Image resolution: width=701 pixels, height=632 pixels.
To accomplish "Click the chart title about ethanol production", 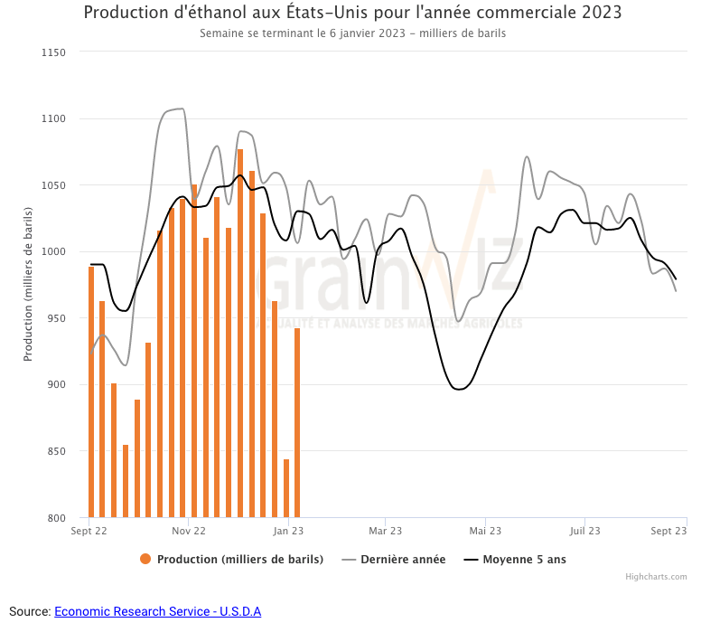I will [x=352, y=13].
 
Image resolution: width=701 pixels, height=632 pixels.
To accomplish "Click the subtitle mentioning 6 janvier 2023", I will [x=352, y=33].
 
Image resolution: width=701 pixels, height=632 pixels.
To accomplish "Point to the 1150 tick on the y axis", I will [x=54, y=52].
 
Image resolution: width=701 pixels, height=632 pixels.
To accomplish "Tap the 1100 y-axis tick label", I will [x=54, y=118].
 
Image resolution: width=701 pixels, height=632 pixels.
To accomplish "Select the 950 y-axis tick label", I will [x=57, y=318].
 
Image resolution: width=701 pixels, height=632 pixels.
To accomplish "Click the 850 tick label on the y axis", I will [x=57, y=451].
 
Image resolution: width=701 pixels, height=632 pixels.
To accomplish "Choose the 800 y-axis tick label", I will [x=57, y=518].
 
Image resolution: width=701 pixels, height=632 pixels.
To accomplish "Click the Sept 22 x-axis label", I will [x=89, y=531].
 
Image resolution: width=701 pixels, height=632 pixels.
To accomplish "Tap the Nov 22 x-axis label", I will [x=189, y=531].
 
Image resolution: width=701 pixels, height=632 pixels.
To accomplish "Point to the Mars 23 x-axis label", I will [x=386, y=531].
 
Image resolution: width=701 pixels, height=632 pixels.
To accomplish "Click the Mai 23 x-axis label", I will [x=485, y=531].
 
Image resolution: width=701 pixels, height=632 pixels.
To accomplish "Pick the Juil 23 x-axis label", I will [x=584, y=531].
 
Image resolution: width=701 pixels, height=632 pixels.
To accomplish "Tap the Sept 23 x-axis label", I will [x=669, y=531].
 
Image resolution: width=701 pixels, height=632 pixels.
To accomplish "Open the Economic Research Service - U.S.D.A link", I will [x=157, y=611].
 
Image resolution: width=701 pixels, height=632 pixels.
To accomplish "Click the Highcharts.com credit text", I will [x=656, y=577].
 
